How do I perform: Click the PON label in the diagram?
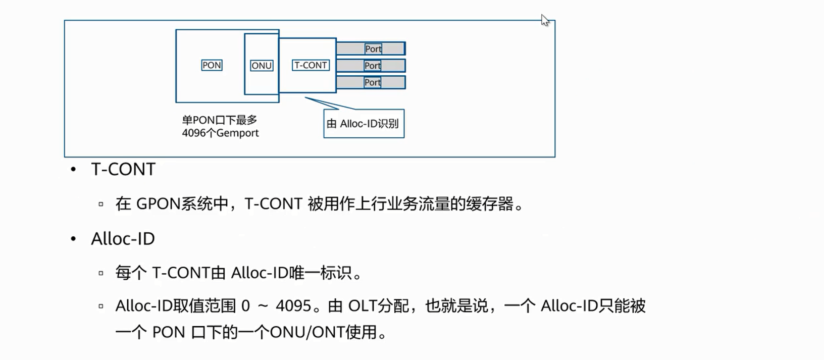click(x=212, y=65)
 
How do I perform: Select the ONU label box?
click(x=262, y=66)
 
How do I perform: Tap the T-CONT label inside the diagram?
click(x=311, y=65)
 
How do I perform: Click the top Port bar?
click(x=371, y=48)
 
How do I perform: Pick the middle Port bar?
click(x=371, y=66)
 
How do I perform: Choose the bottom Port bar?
click(x=371, y=82)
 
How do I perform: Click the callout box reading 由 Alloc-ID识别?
click(x=364, y=124)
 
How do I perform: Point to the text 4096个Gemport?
click(x=220, y=133)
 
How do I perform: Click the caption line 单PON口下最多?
click(x=220, y=120)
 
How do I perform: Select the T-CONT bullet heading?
click(x=123, y=169)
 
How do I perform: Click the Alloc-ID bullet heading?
click(x=123, y=239)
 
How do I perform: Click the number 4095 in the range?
click(x=293, y=306)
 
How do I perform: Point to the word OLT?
click(x=363, y=306)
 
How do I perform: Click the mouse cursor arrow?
click(x=544, y=20)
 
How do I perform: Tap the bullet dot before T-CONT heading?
click(x=74, y=170)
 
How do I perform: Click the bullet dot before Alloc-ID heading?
click(x=74, y=239)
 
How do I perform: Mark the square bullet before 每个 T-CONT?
click(x=101, y=273)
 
